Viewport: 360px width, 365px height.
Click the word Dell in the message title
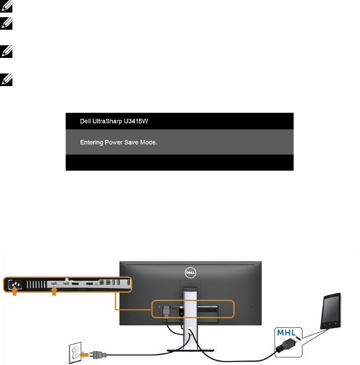85,121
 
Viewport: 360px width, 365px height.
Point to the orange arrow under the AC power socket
15,294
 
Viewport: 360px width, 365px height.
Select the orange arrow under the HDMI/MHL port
54,294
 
